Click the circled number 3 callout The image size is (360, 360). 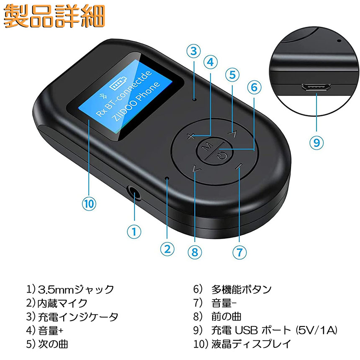click(x=193, y=51)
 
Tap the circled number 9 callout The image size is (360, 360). click(x=316, y=143)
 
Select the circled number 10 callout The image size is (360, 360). click(x=89, y=203)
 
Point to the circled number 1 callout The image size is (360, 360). click(x=134, y=231)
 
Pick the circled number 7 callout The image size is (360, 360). click(x=239, y=252)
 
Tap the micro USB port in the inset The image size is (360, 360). click(x=316, y=87)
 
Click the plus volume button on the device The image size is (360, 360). click(x=190, y=136)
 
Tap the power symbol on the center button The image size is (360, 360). click(x=222, y=156)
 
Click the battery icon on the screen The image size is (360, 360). click(x=118, y=84)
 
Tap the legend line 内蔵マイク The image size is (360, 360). click(x=62, y=303)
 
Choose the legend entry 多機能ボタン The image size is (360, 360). click(x=241, y=290)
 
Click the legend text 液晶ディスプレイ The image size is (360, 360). click(x=251, y=344)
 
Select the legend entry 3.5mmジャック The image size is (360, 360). click(x=76, y=290)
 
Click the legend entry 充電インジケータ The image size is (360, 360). click(x=78, y=317)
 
